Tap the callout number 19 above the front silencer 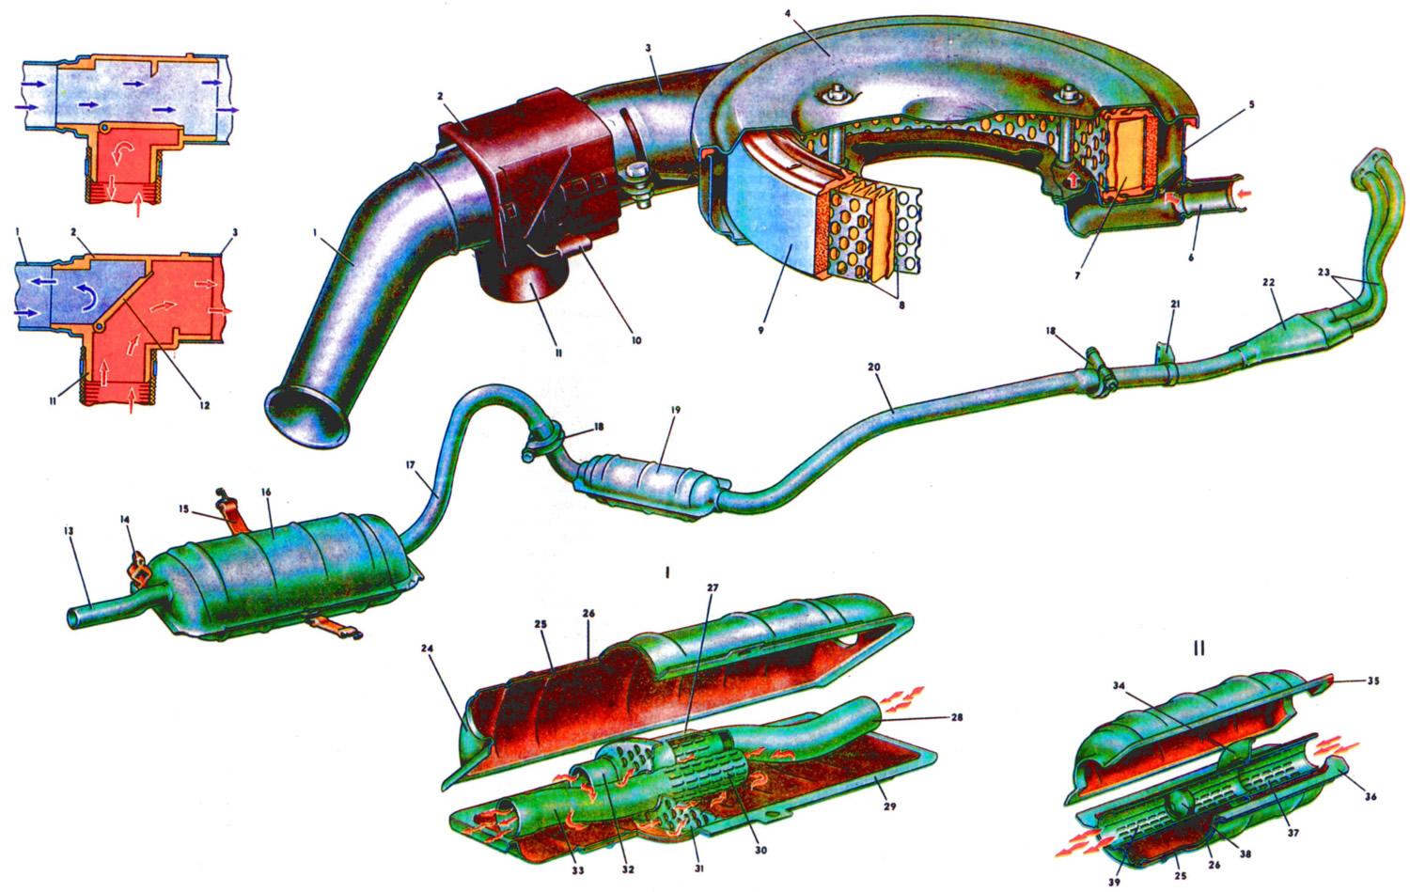pos(676,410)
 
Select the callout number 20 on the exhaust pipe pos(873,367)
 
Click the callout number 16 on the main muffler pos(266,492)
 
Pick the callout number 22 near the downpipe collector pos(1267,283)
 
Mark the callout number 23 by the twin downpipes pos(1324,272)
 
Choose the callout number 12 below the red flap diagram pos(205,405)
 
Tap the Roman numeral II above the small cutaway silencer pos(1198,649)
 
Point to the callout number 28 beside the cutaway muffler pos(956,716)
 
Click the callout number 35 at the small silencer pos(1372,681)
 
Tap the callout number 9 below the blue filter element pos(761,330)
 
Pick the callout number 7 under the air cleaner pos(1077,275)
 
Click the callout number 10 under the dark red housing pos(636,340)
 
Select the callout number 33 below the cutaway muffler pos(577,870)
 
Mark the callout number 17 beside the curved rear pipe pos(411,465)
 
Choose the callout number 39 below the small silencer pos(1114,883)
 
